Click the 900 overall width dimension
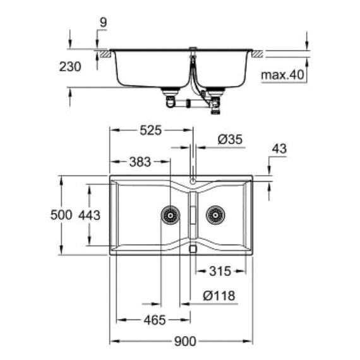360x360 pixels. click(x=185, y=341)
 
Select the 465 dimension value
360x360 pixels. click(x=155, y=320)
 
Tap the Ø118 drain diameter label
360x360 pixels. click(x=219, y=296)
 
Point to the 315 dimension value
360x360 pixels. click(x=220, y=271)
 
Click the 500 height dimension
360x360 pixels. click(x=61, y=215)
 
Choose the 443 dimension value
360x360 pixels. click(x=89, y=215)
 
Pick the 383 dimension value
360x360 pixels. click(x=140, y=162)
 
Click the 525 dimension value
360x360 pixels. click(x=150, y=130)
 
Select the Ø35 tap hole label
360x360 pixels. click(x=230, y=140)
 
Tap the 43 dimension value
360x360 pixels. click(x=279, y=149)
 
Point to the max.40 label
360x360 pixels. click(x=282, y=75)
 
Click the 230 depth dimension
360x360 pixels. click(x=70, y=67)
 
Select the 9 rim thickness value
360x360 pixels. click(x=104, y=23)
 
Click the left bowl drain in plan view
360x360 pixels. click(x=171, y=215)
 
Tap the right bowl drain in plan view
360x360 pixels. click(x=215, y=215)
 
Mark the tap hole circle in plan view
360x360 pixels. click(x=193, y=181)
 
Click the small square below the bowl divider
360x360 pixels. click(x=193, y=249)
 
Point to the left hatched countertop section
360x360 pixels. click(x=105, y=54)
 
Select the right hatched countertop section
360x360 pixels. click(x=258, y=54)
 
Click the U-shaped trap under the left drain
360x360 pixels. click(x=170, y=102)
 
